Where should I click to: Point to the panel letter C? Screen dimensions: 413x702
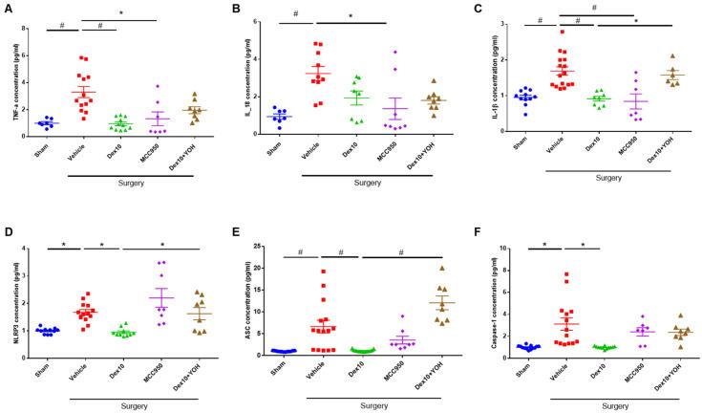click(x=482, y=7)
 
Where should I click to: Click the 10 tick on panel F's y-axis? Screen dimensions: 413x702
click(x=503, y=248)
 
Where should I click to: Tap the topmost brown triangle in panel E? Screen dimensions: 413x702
click(x=442, y=269)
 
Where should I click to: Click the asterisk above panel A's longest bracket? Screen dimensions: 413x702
click(x=119, y=13)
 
